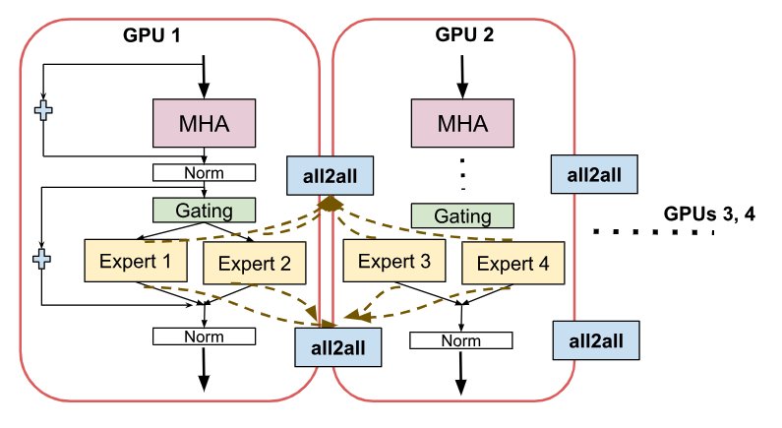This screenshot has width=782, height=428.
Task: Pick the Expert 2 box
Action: [x=254, y=262]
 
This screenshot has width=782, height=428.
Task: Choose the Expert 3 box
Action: [x=393, y=262]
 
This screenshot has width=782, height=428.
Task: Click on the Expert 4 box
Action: [x=511, y=262]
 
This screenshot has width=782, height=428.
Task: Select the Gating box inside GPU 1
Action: [x=204, y=210]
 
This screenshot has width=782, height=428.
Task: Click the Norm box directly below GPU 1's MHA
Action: [x=204, y=173]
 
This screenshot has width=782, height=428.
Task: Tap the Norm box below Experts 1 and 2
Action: [x=204, y=336]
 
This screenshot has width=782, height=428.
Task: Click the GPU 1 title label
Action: [x=154, y=35]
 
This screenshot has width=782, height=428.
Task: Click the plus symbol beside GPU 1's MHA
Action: [x=43, y=110]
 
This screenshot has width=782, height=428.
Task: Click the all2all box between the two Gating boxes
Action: [x=327, y=174]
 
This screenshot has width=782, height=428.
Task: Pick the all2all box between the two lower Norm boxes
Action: [x=338, y=347]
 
